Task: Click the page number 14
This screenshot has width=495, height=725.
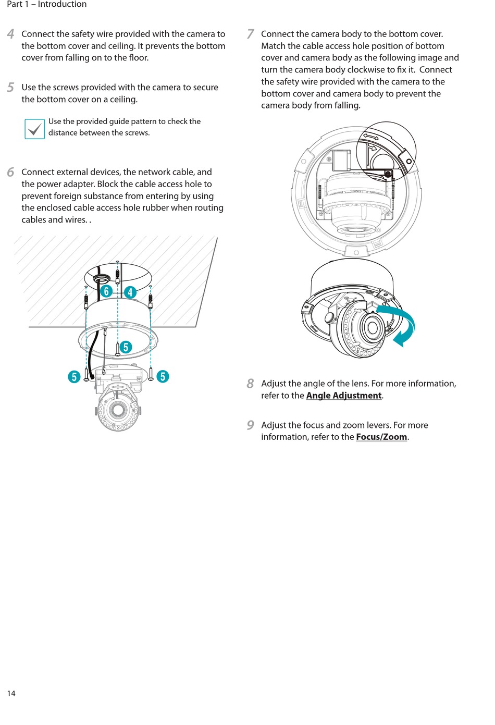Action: tap(11, 693)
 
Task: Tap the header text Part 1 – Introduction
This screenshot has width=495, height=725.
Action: tap(47, 4)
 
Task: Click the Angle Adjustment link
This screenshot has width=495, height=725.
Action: tap(344, 396)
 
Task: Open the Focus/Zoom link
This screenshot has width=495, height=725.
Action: tap(381, 437)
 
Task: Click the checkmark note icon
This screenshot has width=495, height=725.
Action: tap(34, 129)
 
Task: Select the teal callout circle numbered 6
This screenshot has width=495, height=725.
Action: tap(106, 291)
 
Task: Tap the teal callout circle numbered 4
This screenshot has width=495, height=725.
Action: tap(130, 292)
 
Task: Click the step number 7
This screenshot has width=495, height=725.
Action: tap(251, 34)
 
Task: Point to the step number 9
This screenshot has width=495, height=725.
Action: tap(251, 425)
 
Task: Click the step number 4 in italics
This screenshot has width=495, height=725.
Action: tap(11, 34)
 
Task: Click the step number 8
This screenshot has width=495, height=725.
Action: tap(251, 384)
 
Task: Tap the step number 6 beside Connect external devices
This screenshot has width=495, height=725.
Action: tap(11, 172)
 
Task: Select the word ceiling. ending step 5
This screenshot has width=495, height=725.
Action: tap(123, 100)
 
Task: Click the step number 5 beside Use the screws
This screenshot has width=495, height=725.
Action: tap(11, 88)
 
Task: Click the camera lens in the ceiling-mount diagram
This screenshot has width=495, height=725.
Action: tap(118, 410)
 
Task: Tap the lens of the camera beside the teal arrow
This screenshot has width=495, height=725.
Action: tap(372, 328)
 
